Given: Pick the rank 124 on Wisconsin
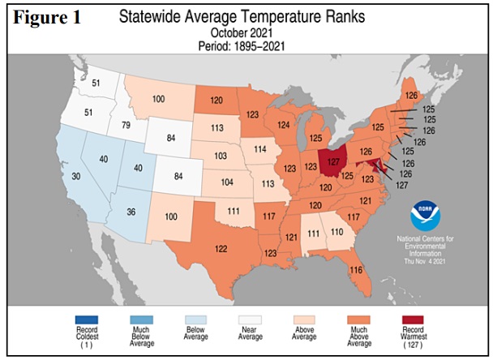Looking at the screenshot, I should coord(283,125).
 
